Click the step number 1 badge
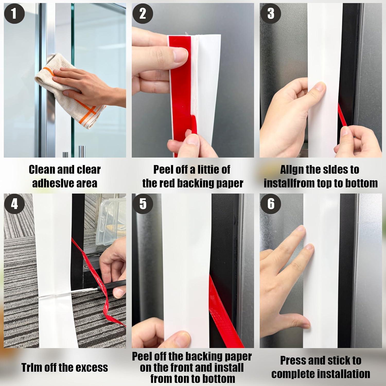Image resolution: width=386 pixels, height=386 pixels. click(x=14, y=13)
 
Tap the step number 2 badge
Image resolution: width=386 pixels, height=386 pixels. click(x=143, y=13)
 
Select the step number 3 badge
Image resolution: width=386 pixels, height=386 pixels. click(x=271, y=13)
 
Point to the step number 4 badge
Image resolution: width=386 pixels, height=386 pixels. click(x=14, y=204)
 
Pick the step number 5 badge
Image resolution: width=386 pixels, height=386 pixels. click(x=143, y=204)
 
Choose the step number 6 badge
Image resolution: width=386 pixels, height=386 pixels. click(x=271, y=204)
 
